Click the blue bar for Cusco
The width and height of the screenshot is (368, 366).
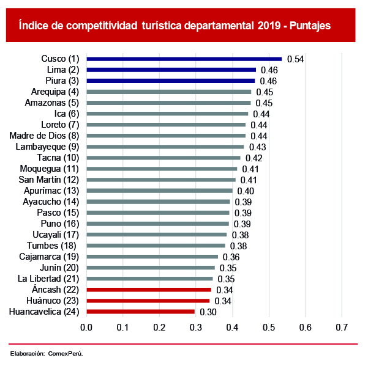pyautogui.click(x=184, y=59)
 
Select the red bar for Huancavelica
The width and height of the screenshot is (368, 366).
pyautogui.click(x=140, y=312)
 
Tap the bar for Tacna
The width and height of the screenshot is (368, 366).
pyautogui.click(x=163, y=158)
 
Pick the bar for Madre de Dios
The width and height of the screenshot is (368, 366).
pyautogui.click(x=166, y=136)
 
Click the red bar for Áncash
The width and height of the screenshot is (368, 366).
pyautogui.click(x=149, y=290)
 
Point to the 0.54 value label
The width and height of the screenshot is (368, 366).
pyautogui.click(x=296, y=59)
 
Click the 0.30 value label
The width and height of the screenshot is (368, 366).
pyautogui.click(x=208, y=312)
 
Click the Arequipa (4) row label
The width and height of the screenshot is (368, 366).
pyautogui.click(x=56, y=92)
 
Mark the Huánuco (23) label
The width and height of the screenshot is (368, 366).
pyautogui.click(x=53, y=301)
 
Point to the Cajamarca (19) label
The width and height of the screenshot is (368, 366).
pyautogui.click(x=50, y=257)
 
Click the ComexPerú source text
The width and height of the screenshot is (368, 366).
pyautogui.click(x=66, y=354)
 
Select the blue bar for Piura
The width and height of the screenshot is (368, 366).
pyautogui.click(x=170, y=81)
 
